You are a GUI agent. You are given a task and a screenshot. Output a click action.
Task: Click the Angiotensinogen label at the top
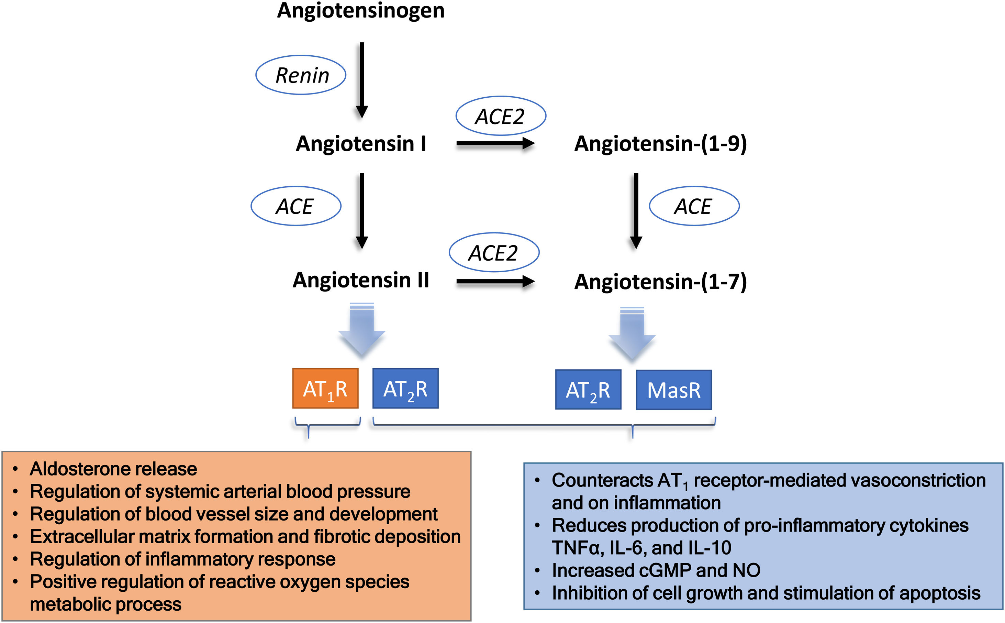point(361,11)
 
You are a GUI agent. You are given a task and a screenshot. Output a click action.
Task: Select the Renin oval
point(301,75)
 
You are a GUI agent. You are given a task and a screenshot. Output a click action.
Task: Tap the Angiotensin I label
point(361,144)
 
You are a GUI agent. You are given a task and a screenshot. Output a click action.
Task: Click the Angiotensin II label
point(361,280)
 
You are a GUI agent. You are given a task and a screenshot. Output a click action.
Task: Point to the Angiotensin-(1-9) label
point(660,144)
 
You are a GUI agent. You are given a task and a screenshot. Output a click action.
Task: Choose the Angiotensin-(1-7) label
point(660,282)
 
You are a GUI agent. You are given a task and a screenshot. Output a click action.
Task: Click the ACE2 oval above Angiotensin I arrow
point(501,116)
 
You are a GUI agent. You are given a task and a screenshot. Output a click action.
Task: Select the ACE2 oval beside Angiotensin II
point(494,253)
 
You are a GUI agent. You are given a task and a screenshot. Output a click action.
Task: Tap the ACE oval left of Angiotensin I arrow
point(296,206)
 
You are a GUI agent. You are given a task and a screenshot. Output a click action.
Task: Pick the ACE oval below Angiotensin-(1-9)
point(694,206)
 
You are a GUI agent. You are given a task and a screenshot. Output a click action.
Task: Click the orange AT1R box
point(325,389)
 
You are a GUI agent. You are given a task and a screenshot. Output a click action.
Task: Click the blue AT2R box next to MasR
point(588,390)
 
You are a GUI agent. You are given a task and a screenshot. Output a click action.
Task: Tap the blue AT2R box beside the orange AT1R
point(405,389)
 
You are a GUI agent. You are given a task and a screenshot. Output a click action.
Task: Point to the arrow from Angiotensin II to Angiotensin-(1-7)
point(495,282)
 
